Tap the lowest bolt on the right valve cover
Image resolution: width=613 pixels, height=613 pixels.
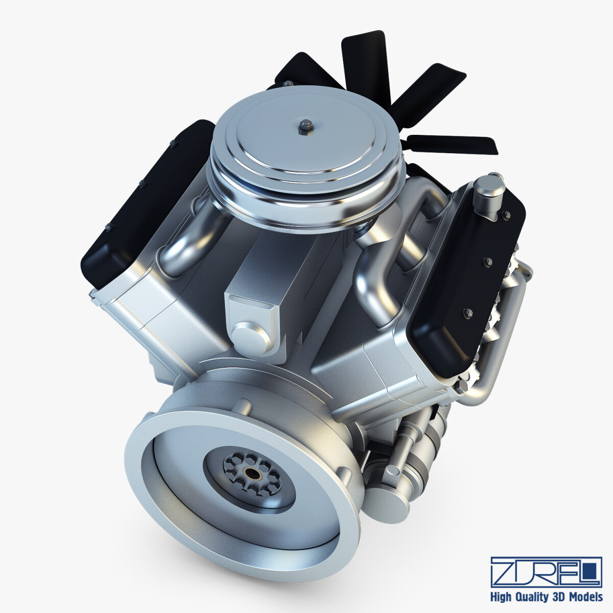pyautogui.click(x=466, y=311)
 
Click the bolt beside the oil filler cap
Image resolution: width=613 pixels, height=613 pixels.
pyautogui.click(x=507, y=216)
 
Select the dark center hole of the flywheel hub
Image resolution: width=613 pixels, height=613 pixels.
pyautogui.click(x=252, y=473)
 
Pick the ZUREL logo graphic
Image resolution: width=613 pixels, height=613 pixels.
pyautogui.click(x=546, y=564)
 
